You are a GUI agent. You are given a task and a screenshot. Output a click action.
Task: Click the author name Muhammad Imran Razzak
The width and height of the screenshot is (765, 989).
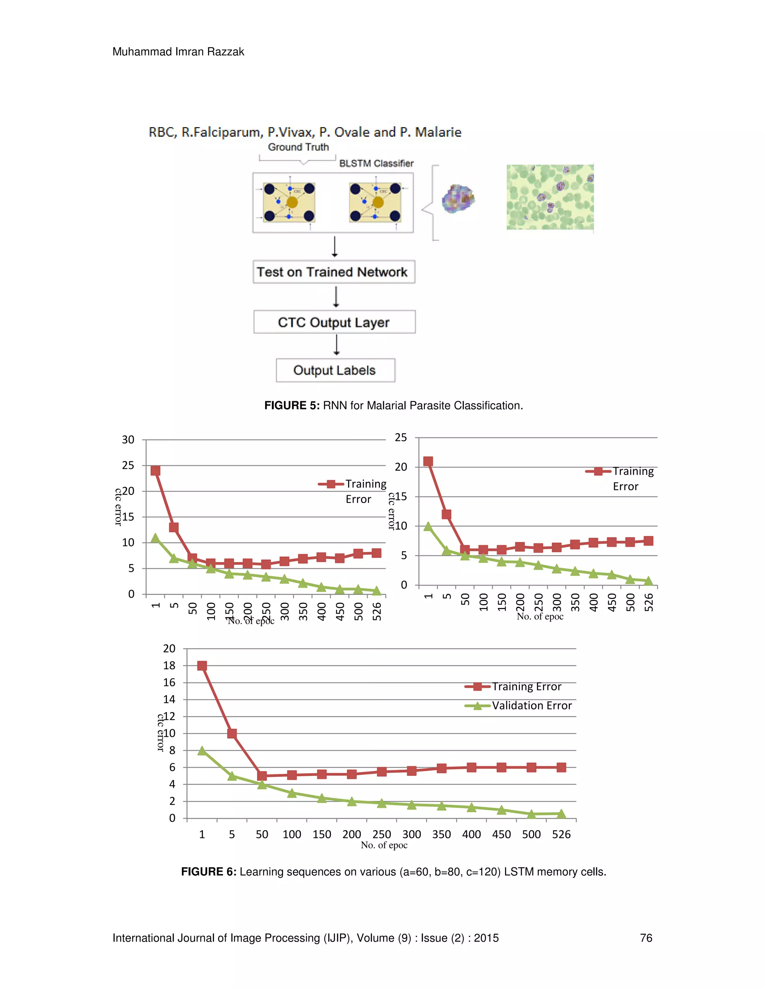click(x=178, y=52)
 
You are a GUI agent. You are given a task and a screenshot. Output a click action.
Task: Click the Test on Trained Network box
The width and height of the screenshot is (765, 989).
click(x=334, y=272)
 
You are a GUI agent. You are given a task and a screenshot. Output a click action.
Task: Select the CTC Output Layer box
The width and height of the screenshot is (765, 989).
click(x=334, y=322)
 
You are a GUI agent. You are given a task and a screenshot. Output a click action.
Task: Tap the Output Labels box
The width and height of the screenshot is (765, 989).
click(x=335, y=371)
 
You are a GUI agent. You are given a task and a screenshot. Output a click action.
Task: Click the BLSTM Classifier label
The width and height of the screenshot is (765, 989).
click(x=376, y=163)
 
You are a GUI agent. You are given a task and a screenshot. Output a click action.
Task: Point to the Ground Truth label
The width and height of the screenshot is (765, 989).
click(x=298, y=147)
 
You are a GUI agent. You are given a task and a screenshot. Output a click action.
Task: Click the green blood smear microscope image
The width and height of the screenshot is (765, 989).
click(x=550, y=197)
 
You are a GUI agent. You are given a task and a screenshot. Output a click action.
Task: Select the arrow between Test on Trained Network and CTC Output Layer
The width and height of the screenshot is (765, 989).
click(x=336, y=297)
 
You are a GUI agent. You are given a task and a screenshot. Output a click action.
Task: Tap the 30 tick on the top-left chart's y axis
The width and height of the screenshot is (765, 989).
click(x=128, y=440)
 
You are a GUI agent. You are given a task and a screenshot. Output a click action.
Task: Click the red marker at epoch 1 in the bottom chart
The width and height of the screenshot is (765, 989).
click(x=202, y=666)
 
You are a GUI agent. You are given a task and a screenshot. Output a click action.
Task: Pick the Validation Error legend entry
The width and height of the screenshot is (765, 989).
click(x=532, y=705)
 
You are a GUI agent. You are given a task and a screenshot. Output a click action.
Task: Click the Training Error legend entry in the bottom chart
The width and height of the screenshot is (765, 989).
click(x=527, y=686)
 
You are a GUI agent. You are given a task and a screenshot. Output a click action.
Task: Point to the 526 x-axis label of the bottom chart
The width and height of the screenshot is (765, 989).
click(x=561, y=834)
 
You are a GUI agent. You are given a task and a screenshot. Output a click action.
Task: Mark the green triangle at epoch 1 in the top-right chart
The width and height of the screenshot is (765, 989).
click(x=428, y=526)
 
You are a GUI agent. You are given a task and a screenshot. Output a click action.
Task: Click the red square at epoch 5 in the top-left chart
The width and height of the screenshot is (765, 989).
click(x=174, y=528)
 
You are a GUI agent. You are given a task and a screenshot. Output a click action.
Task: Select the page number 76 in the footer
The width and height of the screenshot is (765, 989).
click(x=646, y=938)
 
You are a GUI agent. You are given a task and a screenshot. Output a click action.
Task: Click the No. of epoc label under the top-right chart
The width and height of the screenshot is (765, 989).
click(x=540, y=616)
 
